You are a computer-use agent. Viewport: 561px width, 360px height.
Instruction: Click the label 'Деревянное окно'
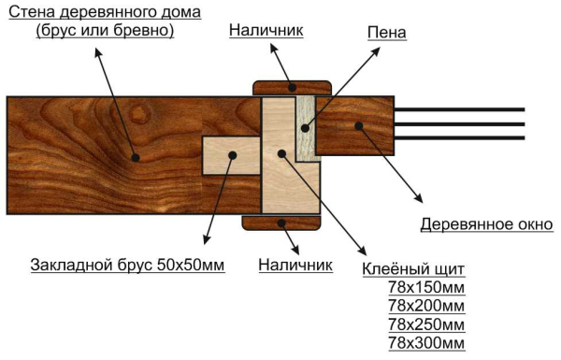[486, 224]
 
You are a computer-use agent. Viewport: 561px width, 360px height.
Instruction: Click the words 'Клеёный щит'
[412, 269]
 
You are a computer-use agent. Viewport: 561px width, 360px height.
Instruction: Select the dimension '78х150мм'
[426, 287]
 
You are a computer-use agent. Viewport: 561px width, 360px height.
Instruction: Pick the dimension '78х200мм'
[426, 306]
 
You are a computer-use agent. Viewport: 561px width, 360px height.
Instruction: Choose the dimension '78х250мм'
[426, 324]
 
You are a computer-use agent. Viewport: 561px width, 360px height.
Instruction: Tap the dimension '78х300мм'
[426, 343]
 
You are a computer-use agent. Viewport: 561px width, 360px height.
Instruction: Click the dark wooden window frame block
[354, 124]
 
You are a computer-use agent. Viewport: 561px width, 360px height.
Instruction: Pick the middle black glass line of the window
[458, 124]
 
